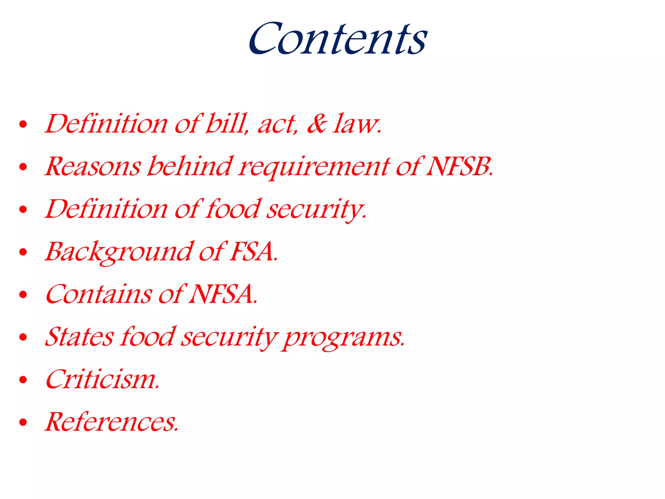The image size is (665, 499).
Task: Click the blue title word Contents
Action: (x=338, y=39)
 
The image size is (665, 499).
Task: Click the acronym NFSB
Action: (x=459, y=166)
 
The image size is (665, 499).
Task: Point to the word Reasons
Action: (x=93, y=166)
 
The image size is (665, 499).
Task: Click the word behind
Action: (x=190, y=166)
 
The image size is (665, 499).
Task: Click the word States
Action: (x=80, y=337)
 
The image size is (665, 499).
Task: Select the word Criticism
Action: (x=102, y=379)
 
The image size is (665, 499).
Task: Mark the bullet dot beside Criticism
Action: (x=23, y=380)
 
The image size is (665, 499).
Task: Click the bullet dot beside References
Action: (x=23, y=422)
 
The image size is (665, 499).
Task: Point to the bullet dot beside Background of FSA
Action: (x=23, y=252)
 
